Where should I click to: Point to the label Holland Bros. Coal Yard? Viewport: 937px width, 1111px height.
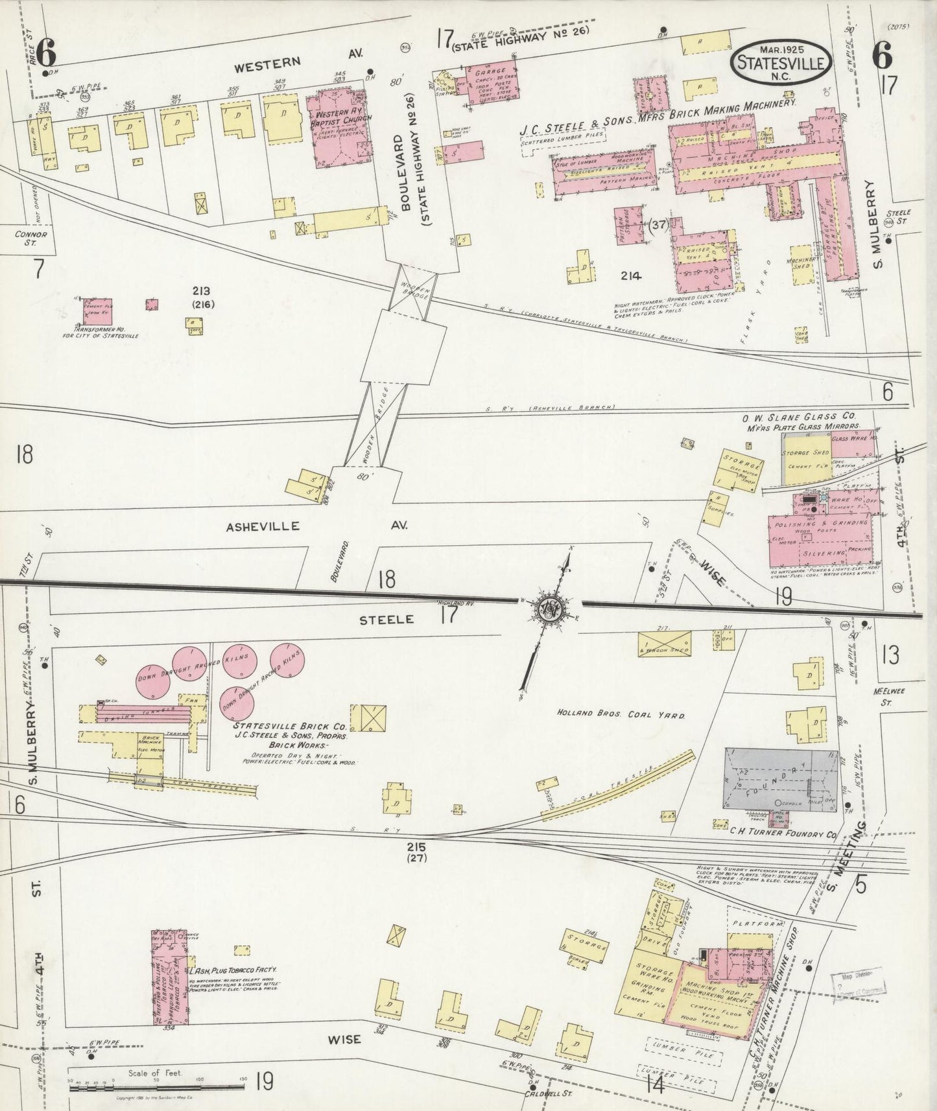tap(621, 714)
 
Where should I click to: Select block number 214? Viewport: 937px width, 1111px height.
tap(630, 275)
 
